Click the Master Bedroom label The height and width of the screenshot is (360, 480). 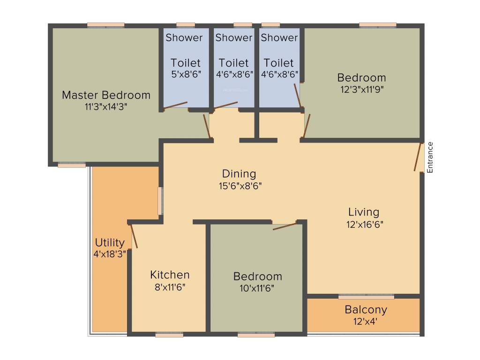pos(106,95)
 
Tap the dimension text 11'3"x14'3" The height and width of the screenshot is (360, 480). pos(106,106)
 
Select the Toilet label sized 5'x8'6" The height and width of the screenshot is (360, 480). pos(186,63)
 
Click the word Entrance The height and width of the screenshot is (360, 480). pos(430,157)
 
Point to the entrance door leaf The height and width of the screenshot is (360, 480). pos(418,157)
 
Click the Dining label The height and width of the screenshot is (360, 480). pos(239,174)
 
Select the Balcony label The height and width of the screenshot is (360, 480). pos(366,310)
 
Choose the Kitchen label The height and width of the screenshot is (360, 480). pos(170,275)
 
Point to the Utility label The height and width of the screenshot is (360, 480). pos(110,243)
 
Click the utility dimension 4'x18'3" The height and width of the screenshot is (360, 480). pos(110,254)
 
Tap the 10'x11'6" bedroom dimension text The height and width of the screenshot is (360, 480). pos(258,288)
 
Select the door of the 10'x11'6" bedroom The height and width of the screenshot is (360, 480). pos(285,226)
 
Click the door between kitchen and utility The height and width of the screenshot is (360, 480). pos(133,235)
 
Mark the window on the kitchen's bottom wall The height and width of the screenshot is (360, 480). pos(169,335)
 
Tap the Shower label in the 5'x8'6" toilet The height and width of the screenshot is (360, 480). pos(184,37)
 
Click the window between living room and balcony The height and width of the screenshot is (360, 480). pos(366,296)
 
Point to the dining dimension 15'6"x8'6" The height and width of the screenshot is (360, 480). pos(239,186)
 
